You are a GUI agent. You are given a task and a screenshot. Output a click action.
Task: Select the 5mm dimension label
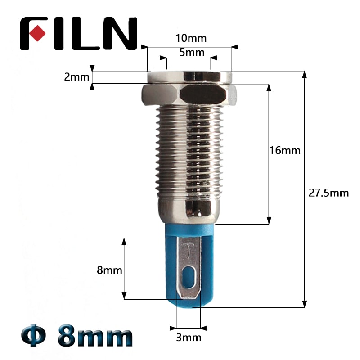point(192,52)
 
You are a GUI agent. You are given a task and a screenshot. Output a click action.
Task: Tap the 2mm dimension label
point(76,77)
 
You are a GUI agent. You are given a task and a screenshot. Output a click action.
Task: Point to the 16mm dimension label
point(284,150)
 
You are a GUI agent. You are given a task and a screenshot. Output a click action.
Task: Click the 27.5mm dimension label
point(328,193)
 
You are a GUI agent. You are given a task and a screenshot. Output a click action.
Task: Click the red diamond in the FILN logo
point(38,34)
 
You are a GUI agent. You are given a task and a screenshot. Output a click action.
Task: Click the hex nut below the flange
point(189,94)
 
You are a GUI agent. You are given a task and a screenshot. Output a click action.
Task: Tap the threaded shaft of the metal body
point(189,153)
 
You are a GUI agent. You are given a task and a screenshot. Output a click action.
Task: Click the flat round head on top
point(189,77)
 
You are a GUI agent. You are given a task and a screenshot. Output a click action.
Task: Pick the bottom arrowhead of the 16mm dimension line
point(269,220)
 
